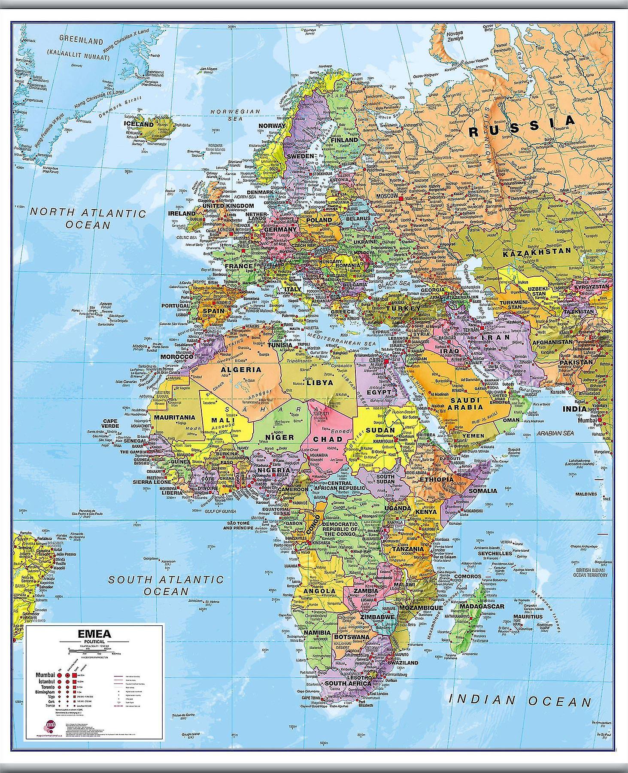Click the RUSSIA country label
(522, 126)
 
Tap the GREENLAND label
(81, 40)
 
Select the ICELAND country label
(139, 124)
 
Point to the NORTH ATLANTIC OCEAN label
(88, 218)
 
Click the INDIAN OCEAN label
(520, 701)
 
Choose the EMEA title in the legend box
(94, 634)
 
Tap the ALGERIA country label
(241, 369)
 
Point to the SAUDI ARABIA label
(465, 403)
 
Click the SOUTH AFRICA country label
(348, 683)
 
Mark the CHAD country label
(328, 439)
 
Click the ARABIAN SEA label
(555, 433)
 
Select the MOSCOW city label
(387, 196)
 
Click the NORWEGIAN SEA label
(235, 115)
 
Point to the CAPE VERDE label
(110, 423)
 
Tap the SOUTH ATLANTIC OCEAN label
(166, 585)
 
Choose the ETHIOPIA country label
(436, 479)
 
